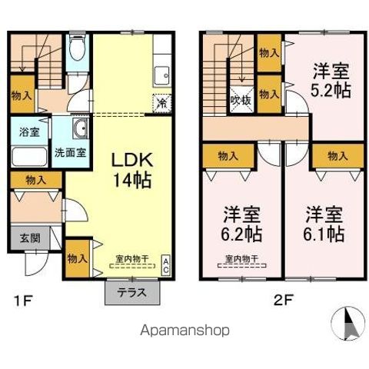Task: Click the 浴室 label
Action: point(25,131)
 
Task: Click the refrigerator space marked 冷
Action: point(161,101)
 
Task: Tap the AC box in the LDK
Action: point(165,266)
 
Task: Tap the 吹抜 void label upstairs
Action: point(240,98)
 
